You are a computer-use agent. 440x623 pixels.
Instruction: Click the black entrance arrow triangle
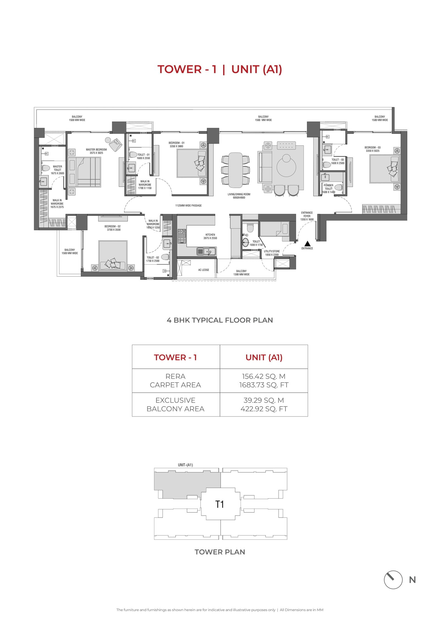pyautogui.click(x=307, y=243)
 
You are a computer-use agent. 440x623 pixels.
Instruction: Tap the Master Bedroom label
pyautogui.click(x=96, y=151)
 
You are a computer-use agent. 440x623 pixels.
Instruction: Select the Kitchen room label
pyautogui.click(x=210, y=236)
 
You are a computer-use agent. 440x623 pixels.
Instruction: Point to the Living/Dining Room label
pyautogui.click(x=239, y=196)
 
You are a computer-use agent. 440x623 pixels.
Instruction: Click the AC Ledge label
pyautogui.click(x=204, y=270)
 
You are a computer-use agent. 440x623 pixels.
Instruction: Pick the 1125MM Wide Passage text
pyautogui.click(x=188, y=205)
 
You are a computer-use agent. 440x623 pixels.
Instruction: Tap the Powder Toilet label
pyautogui.click(x=328, y=189)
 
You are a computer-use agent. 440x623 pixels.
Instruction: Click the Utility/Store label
pyautogui.click(x=272, y=253)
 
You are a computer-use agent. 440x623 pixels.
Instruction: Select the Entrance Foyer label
pyautogui.click(x=307, y=216)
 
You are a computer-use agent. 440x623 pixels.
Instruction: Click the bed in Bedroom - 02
pyautogui.click(x=113, y=256)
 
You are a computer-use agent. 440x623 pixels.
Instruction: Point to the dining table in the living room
pyautogui.click(x=235, y=170)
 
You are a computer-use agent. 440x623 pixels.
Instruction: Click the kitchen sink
pyautogui.click(x=207, y=251)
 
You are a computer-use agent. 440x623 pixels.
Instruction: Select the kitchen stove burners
pyautogui.click(x=182, y=236)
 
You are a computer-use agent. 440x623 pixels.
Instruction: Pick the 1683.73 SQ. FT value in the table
pyautogui.click(x=264, y=385)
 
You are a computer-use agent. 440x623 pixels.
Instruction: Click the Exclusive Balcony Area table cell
pyautogui.click(x=175, y=405)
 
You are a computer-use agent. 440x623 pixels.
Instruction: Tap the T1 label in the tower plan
pyautogui.click(x=219, y=504)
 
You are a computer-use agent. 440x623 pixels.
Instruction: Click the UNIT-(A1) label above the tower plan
pyautogui.click(x=185, y=465)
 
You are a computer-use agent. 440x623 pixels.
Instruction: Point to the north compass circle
pyautogui.click(x=393, y=580)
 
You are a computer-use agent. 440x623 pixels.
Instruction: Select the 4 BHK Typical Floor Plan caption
pyautogui.click(x=220, y=320)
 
